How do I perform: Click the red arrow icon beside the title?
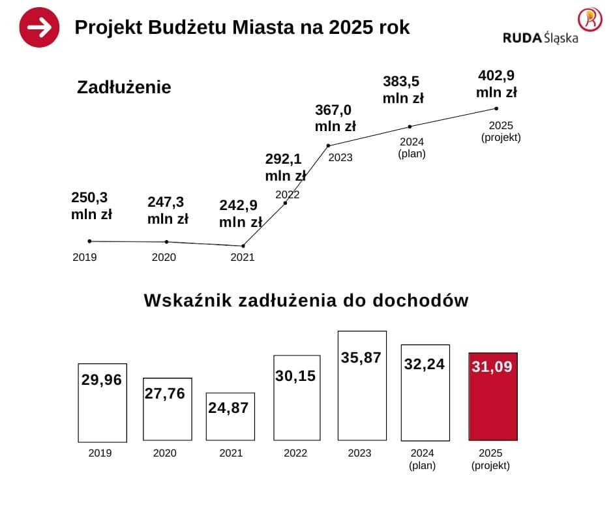[40, 27]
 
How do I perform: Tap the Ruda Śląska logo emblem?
[590, 20]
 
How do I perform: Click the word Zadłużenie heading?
[124, 87]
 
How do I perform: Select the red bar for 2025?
[493, 396]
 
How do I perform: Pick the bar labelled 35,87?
[362, 385]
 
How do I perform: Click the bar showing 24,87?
[230, 416]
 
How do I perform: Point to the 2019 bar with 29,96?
[102, 402]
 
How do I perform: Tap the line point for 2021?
[243, 246]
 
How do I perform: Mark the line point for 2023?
[328, 145]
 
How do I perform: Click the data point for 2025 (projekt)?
[496, 108]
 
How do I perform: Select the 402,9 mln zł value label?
[496, 83]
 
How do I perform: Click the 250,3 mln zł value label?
[91, 205]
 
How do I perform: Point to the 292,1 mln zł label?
[285, 167]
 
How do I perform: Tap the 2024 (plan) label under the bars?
[422, 459]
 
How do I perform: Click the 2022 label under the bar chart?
[295, 453]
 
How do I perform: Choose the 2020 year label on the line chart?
[164, 257]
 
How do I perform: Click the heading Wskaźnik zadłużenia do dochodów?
[306, 301]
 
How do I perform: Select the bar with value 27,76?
[168, 409]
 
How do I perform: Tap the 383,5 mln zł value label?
[403, 89]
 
